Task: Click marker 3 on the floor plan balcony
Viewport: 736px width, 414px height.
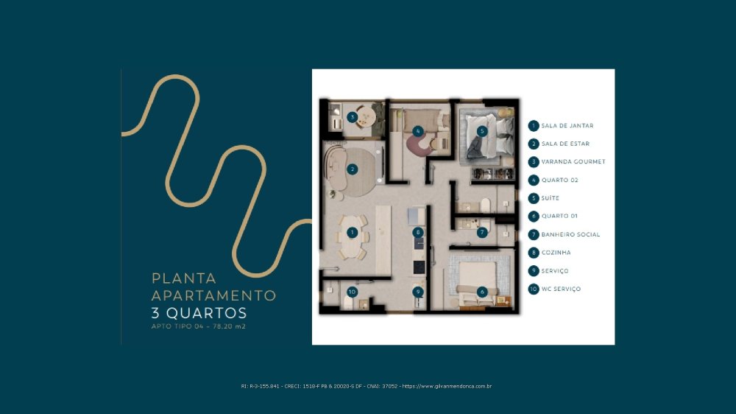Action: pos(353,117)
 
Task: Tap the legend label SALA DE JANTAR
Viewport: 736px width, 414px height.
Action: pos(567,126)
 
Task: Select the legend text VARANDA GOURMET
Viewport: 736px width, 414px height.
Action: pos(573,161)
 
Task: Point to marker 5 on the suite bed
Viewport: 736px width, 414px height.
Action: pos(481,131)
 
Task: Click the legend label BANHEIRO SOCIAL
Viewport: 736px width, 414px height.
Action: pos(570,234)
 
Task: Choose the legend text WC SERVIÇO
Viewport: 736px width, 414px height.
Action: pos(561,289)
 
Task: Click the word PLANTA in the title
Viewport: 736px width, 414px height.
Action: pos(184,278)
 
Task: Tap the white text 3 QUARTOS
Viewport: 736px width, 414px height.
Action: pos(199,313)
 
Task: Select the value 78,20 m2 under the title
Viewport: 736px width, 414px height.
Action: pos(229,326)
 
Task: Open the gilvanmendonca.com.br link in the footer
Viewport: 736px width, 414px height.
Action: pos(447,386)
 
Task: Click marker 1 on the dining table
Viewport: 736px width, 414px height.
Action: pos(352,232)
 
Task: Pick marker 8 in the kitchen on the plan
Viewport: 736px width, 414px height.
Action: pos(418,232)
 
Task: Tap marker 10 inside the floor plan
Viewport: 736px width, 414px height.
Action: pos(352,292)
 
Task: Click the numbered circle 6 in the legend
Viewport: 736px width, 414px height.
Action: pos(533,216)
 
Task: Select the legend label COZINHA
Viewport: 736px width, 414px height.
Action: pos(556,253)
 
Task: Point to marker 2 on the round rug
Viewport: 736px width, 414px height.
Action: pos(352,169)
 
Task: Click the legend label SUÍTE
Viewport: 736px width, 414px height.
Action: pos(550,198)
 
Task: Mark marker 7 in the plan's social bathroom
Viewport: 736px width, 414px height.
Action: pos(481,232)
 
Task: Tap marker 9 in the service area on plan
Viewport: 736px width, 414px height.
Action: pos(418,292)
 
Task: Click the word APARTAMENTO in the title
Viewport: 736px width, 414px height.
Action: pos(214,295)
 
